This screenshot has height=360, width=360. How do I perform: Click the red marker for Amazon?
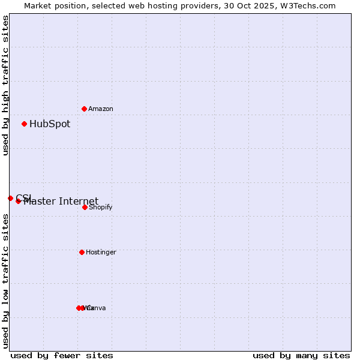[x=85, y=109]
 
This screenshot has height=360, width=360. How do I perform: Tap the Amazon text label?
[x=101, y=109]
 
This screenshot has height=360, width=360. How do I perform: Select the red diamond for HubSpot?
[x=25, y=124]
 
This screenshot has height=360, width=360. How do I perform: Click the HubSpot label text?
[x=50, y=124]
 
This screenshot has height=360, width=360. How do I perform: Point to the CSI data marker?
[x=10, y=198]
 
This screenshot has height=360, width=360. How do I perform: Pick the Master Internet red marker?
[x=19, y=201]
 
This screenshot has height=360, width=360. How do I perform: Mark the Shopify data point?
[x=85, y=207]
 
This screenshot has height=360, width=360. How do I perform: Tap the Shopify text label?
[x=101, y=208]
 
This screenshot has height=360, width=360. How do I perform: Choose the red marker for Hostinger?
[x=82, y=252]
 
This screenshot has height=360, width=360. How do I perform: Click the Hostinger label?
[x=101, y=253]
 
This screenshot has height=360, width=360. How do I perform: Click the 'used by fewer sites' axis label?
[x=62, y=356]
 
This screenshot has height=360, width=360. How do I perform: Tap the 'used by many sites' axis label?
[x=301, y=356]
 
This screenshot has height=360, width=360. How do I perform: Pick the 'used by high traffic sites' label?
[x=6, y=86]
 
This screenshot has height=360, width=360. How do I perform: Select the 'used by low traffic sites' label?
[x=6, y=281]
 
